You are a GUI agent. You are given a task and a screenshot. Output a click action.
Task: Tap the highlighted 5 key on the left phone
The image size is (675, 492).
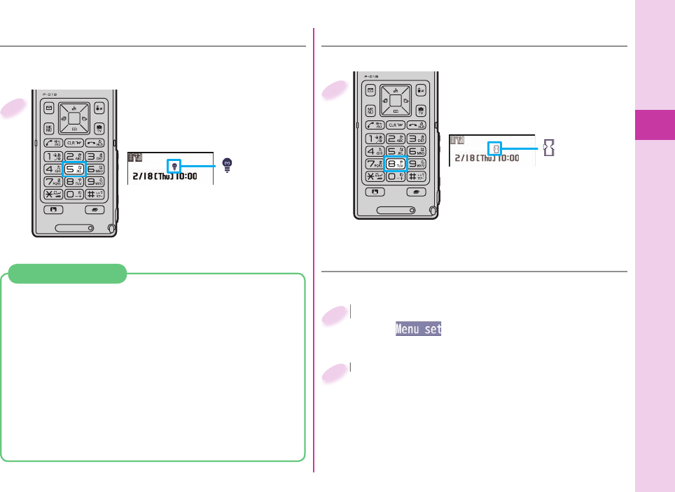point(74,168)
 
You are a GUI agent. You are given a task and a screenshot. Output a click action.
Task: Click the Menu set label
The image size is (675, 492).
point(418,328)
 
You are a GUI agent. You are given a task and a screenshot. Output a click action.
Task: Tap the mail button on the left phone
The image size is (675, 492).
point(48,108)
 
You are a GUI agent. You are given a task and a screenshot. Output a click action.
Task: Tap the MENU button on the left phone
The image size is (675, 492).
point(49,128)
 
